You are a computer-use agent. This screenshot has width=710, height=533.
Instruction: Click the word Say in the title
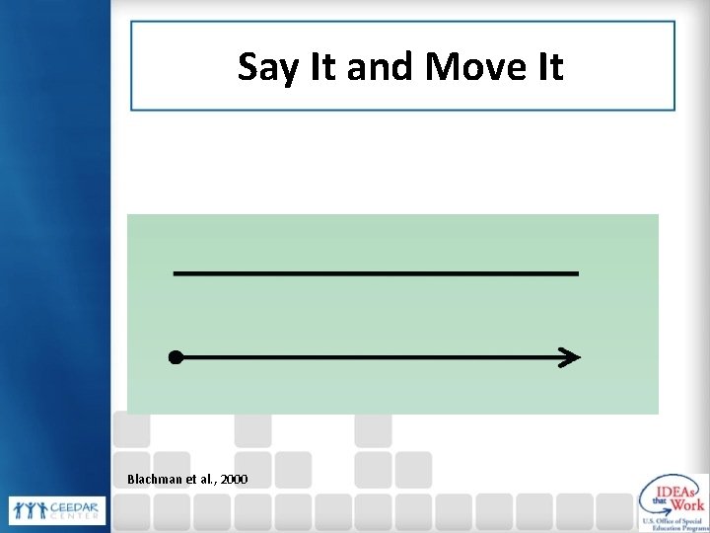click(x=262, y=68)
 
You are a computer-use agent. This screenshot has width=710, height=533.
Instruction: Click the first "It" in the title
click(x=308, y=67)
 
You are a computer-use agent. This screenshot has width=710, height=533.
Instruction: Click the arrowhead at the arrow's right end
click(x=571, y=357)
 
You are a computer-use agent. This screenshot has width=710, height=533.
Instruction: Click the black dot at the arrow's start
click(x=175, y=357)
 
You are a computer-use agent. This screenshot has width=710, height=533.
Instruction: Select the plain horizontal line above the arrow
click(x=376, y=272)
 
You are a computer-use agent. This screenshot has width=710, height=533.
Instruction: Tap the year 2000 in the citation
click(x=235, y=479)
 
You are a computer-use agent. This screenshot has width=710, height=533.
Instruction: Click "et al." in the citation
click(x=200, y=479)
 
